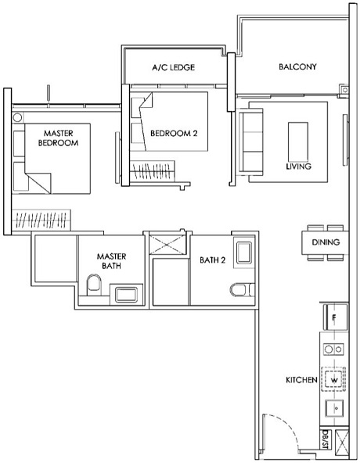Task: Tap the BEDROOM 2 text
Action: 173,134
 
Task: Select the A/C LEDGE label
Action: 173,67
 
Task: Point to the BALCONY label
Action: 297,67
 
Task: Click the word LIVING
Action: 298,167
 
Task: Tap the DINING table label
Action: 325,242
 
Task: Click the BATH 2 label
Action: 212,261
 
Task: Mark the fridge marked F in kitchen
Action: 333,318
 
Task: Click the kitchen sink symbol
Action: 334,408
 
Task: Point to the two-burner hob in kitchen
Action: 334,349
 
